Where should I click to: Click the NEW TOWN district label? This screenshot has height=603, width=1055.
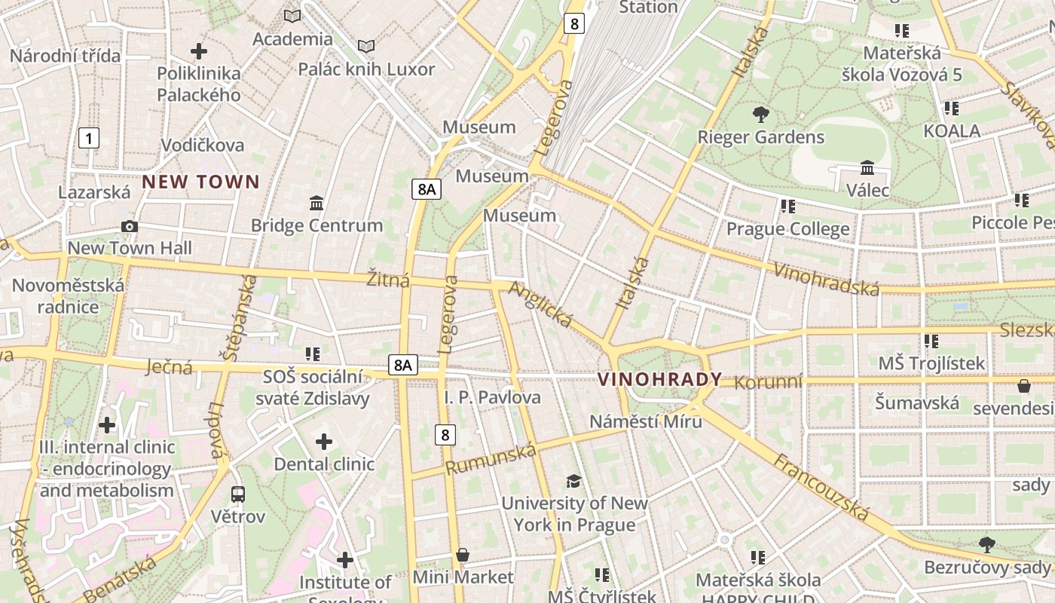200,182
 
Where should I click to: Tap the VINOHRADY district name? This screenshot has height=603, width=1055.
660,379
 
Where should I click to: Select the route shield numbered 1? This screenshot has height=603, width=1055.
89,138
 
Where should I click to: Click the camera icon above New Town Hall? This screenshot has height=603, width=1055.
130,226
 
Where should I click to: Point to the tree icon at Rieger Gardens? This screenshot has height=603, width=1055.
761,115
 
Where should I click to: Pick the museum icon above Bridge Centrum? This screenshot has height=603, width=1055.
316,203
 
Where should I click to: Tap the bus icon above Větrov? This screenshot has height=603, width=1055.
238,494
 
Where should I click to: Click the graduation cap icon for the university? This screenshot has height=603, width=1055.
574,481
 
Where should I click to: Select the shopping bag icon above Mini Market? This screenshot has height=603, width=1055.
463,556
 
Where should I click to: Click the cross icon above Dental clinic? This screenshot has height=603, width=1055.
324,441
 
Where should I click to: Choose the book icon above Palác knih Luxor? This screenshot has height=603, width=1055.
366,47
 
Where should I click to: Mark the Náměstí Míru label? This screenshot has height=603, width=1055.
645,421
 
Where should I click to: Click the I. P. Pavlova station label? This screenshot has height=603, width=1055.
492,397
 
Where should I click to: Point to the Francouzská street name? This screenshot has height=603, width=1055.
821,488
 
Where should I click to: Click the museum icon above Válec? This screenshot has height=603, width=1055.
867,167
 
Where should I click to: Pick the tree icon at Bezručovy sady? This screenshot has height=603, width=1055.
986,544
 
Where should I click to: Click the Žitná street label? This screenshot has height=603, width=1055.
388,280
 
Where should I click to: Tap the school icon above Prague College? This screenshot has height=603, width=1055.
788,206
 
